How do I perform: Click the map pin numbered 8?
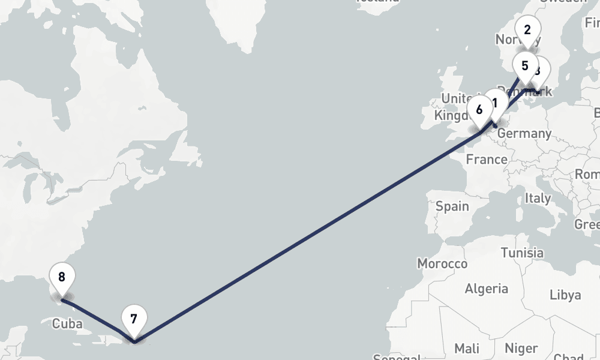[x=62, y=278]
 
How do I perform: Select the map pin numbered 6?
[x=479, y=110]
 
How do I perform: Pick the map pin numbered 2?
[x=527, y=30]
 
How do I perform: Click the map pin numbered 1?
[x=496, y=103]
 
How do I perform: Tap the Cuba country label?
[x=67, y=323]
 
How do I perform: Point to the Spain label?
[x=452, y=206]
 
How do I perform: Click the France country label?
[x=487, y=160]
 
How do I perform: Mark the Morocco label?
[x=442, y=264]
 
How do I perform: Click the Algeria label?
[x=486, y=289]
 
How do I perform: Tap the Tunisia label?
[x=522, y=253]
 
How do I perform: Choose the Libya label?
[x=565, y=295]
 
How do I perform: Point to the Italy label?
[x=537, y=197]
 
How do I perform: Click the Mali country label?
[x=467, y=348]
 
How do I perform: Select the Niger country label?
[x=521, y=348]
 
